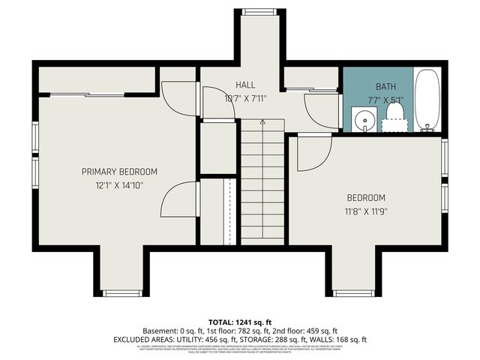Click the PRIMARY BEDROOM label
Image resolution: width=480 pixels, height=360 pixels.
[114, 172]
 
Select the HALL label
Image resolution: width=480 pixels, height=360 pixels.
[245, 85]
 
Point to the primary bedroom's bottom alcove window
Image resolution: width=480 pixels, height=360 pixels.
[122, 293]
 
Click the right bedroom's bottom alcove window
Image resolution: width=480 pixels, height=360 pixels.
[353, 293]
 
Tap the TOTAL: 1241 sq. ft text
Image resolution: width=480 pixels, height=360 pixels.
[239, 321]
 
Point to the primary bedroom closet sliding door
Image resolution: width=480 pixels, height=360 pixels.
[88, 94]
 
